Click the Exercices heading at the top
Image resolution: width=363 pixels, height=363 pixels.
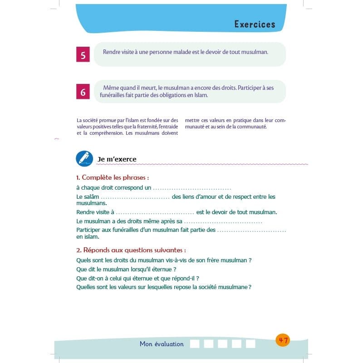(x=255, y=24)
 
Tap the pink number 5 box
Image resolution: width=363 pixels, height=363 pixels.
(x=83, y=55)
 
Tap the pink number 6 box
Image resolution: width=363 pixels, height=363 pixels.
(x=83, y=92)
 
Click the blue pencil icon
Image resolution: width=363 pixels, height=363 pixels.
(x=84, y=158)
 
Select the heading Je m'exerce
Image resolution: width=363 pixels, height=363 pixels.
(x=117, y=159)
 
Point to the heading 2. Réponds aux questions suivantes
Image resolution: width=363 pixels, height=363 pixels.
(x=131, y=250)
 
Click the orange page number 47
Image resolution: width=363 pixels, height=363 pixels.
(x=283, y=340)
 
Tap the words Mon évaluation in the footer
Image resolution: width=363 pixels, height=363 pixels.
(x=162, y=344)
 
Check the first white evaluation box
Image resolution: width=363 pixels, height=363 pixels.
(x=195, y=344)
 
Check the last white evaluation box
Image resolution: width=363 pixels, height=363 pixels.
(x=250, y=344)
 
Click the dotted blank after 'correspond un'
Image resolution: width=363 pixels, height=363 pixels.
(x=192, y=187)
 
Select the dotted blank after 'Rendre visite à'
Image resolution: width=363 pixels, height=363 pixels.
(x=155, y=212)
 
